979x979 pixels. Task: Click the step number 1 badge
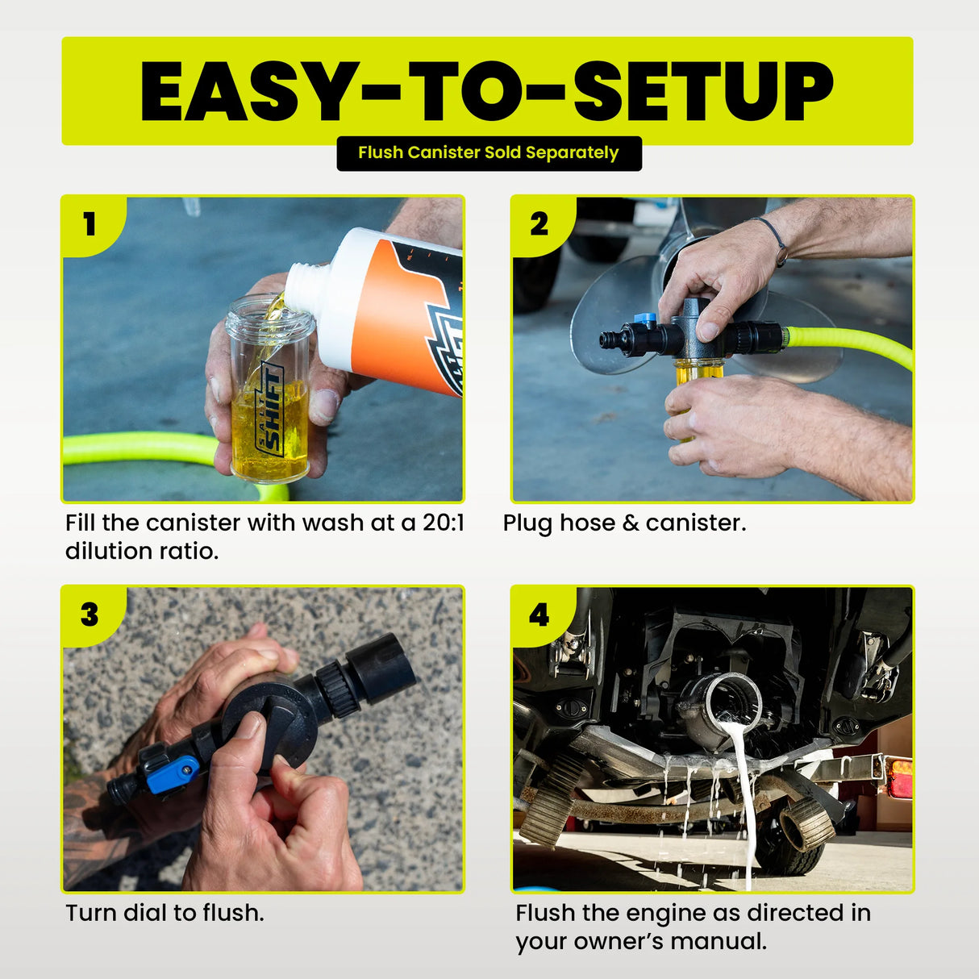tap(90, 224)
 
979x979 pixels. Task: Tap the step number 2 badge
tap(539, 224)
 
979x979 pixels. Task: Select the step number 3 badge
tap(90, 614)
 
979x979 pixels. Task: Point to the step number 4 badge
tap(539, 614)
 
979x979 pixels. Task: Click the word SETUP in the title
tap(702, 91)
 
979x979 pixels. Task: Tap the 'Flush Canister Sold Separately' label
tap(489, 153)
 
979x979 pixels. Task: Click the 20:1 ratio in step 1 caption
tap(443, 523)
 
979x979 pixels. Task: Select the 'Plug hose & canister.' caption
tap(624, 523)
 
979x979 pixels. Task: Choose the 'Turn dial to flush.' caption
tap(165, 913)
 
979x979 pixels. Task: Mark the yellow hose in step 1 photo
tap(137, 448)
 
